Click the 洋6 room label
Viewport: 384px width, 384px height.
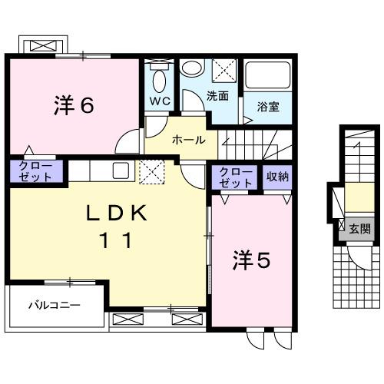74,105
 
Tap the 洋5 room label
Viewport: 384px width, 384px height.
251,261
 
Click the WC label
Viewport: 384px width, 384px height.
160,101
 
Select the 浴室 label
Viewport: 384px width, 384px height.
268,107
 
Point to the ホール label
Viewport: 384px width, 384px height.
188,140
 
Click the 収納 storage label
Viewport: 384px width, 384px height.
277,177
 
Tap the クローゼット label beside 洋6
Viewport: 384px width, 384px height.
31,171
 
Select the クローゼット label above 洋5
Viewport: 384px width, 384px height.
235,177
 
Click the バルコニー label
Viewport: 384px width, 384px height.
55,305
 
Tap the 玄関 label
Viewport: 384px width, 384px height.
359,228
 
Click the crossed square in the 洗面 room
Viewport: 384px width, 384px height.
224,71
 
